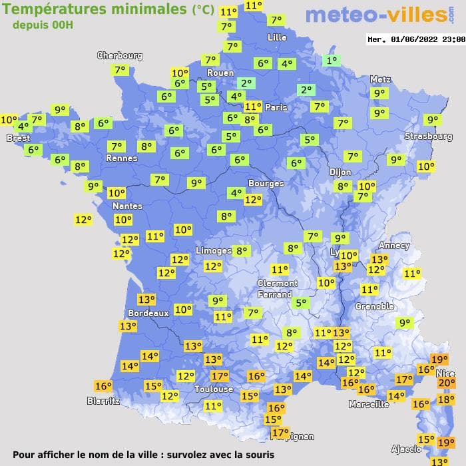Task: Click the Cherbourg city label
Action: (120, 56)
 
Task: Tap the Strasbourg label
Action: (429, 136)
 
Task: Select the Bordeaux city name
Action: (148, 313)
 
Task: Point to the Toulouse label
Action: (214, 389)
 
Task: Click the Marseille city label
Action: (369, 404)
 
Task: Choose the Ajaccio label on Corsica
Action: (405, 449)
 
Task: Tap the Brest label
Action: (18, 138)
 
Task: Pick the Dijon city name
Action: (340, 172)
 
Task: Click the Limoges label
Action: (214, 250)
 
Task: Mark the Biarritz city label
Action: (103, 401)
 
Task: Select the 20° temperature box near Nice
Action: (446, 383)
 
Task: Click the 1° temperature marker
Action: (331, 61)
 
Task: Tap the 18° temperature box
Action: (445, 399)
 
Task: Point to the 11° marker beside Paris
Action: (253, 107)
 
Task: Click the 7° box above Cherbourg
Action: (120, 70)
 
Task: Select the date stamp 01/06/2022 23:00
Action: (416, 39)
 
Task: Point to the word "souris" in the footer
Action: (257, 455)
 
